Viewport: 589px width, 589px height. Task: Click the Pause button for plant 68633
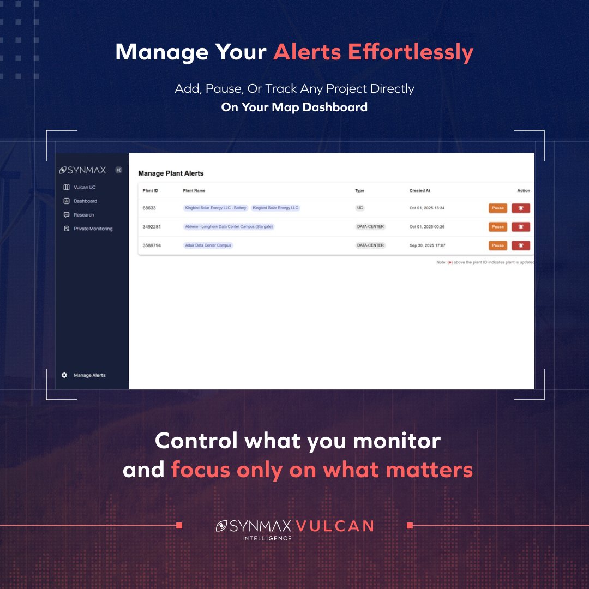click(x=497, y=208)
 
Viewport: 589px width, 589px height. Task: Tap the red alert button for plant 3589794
click(x=521, y=245)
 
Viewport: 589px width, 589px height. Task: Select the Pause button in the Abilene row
click(x=497, y=227)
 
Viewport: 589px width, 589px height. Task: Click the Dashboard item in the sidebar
click(x=85, y=201)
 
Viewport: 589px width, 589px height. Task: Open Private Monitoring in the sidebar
click(x=93, y=229)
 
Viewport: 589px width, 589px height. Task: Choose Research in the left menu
click(x=83, y=215)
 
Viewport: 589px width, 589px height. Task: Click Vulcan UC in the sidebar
click(x=85, y=187)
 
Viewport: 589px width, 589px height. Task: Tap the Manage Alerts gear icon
click(x=64, y=375)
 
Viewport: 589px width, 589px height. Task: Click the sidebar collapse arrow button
click(x=119, y=170)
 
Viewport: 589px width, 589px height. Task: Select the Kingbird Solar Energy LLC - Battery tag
click(x=216, y=208)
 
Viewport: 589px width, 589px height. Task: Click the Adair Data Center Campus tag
click(x=208, y=245)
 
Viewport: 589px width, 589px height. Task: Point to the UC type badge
click(x=360, y=208)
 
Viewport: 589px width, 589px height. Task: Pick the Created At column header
click(x=420, y=191)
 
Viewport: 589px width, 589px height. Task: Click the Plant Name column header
click(x=194, y=191)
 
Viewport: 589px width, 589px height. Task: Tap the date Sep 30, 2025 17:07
click(x=428, y=245)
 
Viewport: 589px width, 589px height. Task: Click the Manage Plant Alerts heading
click(x=171, y=173)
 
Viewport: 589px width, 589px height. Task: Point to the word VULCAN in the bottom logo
click(x=335, y=526)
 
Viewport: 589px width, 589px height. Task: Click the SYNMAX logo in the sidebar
click(x=83, y=170)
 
